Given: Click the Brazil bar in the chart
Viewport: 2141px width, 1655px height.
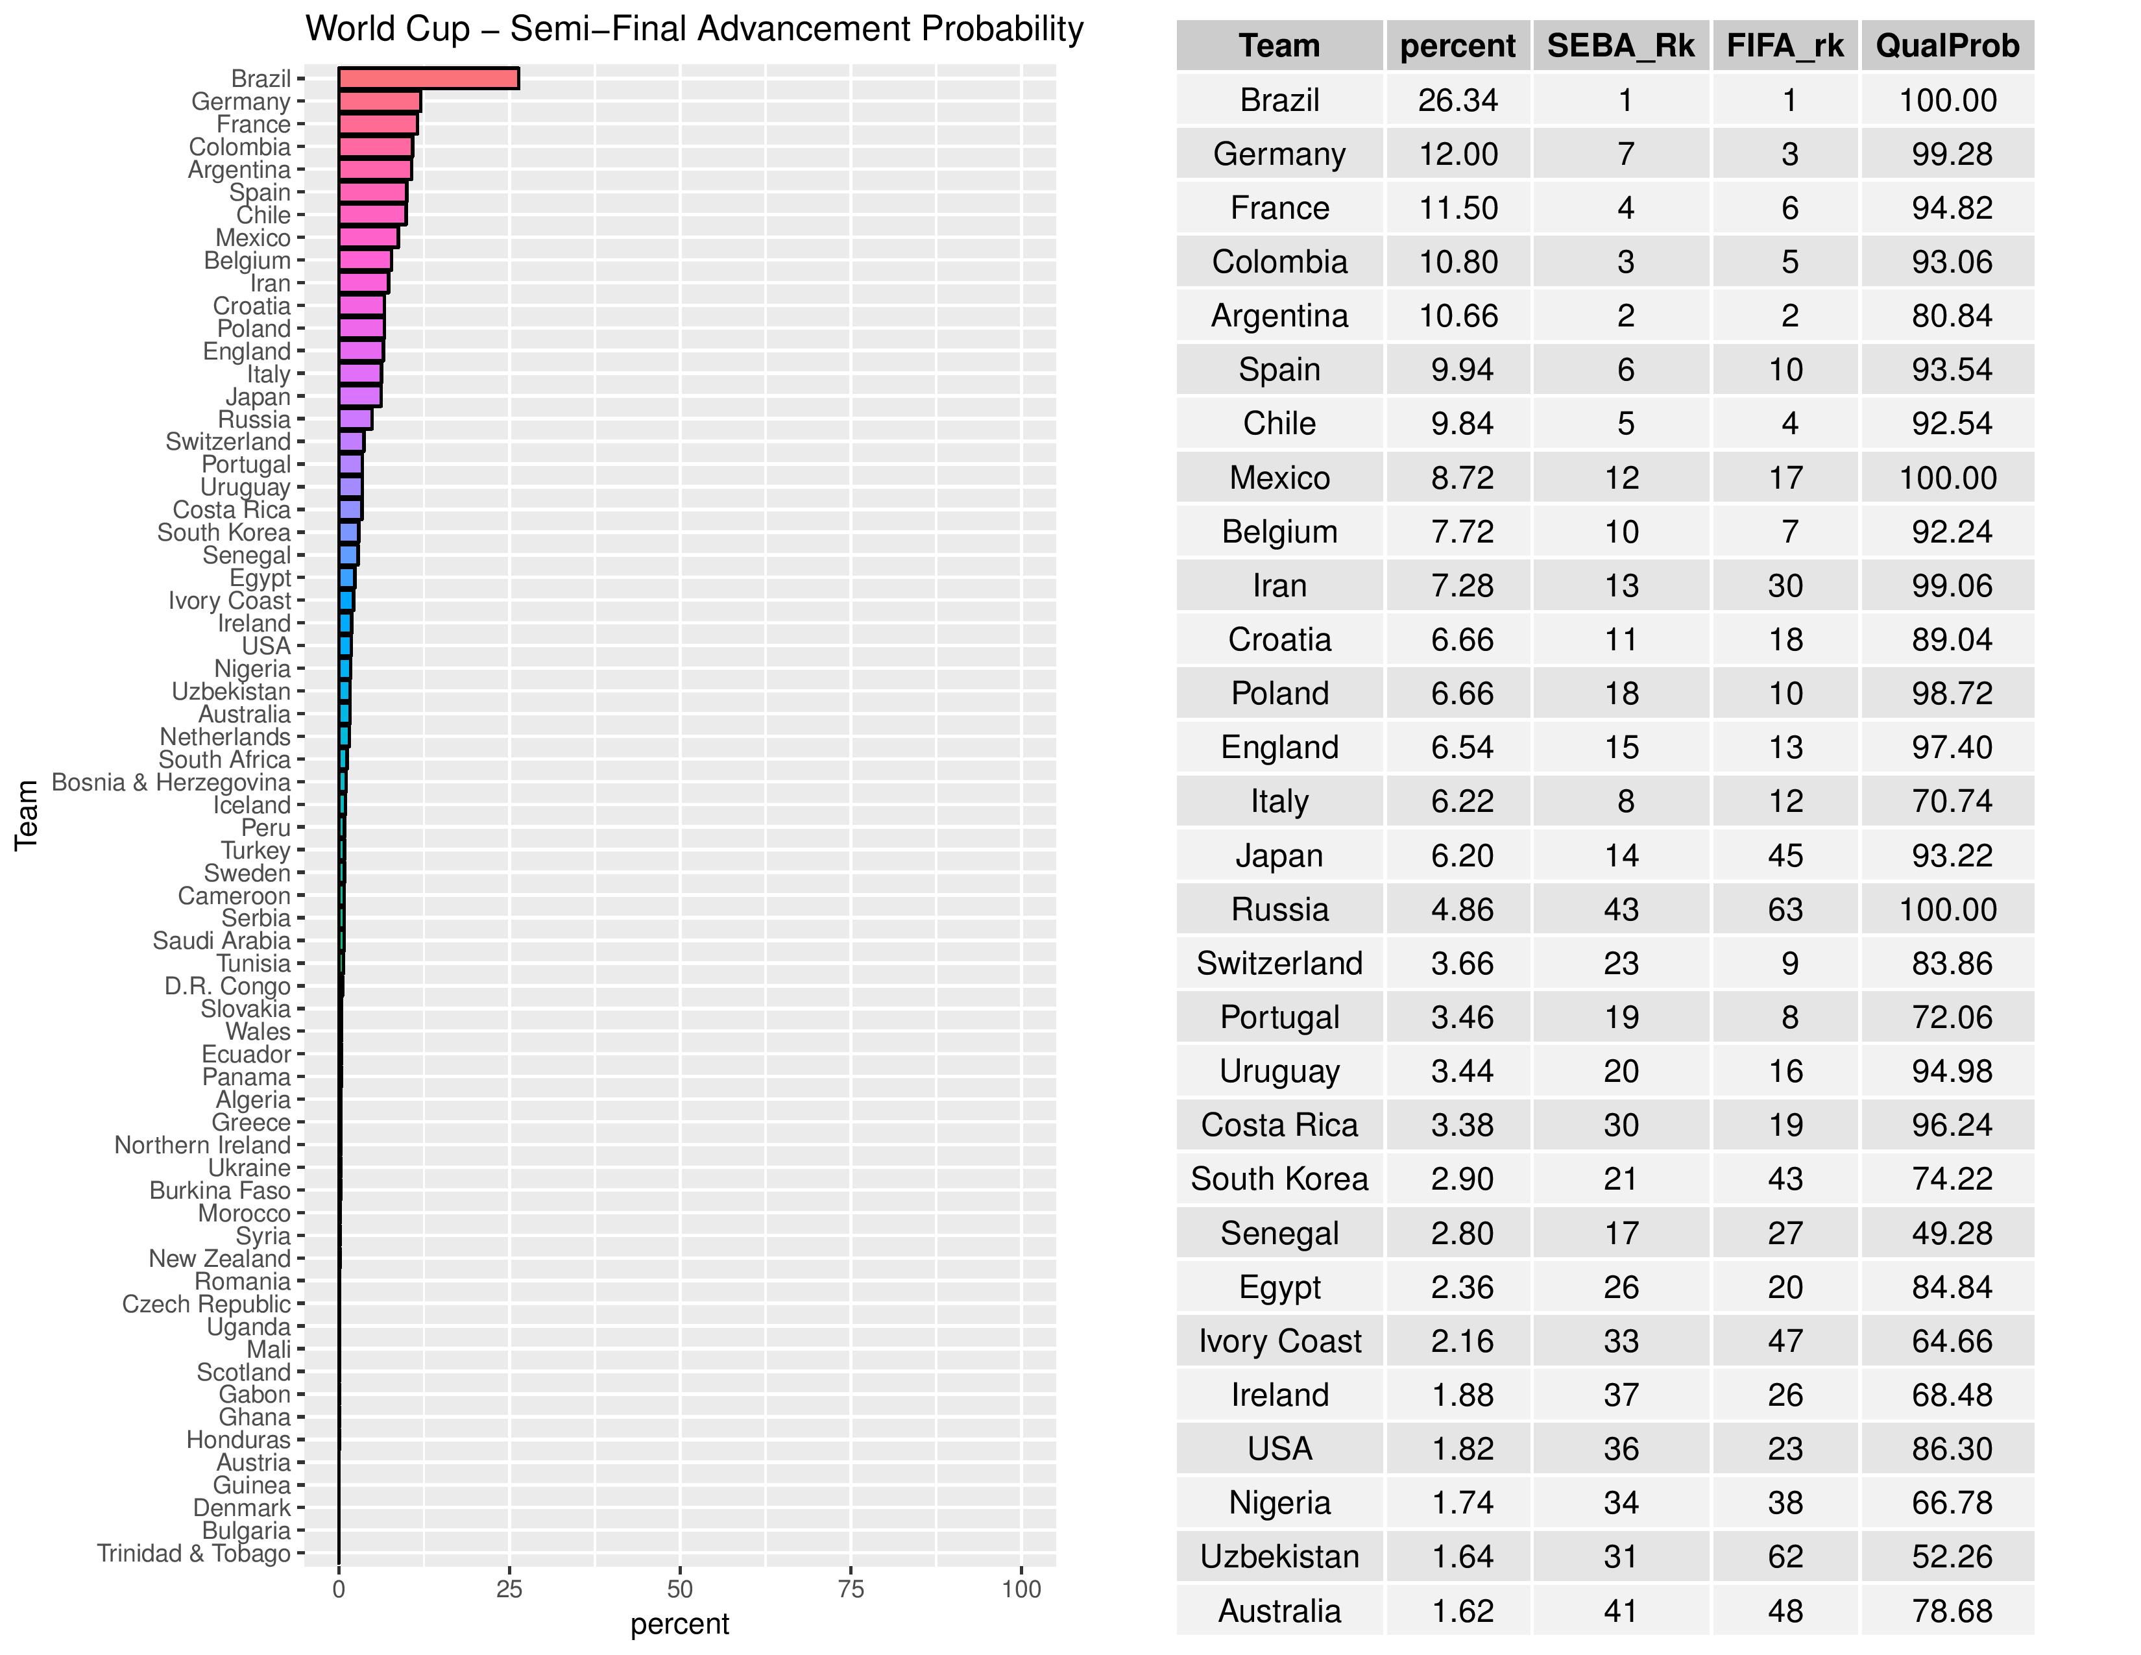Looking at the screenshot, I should pos(428,79).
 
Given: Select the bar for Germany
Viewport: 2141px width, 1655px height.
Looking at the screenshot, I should pos(380,101).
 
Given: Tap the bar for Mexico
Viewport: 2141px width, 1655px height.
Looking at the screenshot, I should pos(369,238).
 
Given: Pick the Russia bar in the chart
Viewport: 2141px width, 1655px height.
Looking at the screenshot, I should pos(355,420).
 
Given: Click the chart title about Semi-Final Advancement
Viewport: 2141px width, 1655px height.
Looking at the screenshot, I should pos(694,29).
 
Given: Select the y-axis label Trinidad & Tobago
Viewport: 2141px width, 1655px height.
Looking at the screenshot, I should pos(193,1554).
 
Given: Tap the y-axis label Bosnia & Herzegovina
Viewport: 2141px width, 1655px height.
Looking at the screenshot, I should pos(171,783).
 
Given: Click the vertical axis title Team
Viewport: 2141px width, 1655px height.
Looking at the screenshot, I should pos(27,815).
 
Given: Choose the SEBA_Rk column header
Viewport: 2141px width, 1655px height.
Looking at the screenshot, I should pos(1621,46).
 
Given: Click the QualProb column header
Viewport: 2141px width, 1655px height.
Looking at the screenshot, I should pos(1947,46).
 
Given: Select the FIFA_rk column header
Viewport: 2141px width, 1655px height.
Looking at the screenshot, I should pos(1785,46).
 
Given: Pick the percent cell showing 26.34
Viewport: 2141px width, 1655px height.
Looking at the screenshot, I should pos(1458,100).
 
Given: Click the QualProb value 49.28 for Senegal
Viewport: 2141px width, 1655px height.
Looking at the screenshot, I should pos(1951,1233).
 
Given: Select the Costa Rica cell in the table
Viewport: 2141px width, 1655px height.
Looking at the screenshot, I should pos(1279,1125).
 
